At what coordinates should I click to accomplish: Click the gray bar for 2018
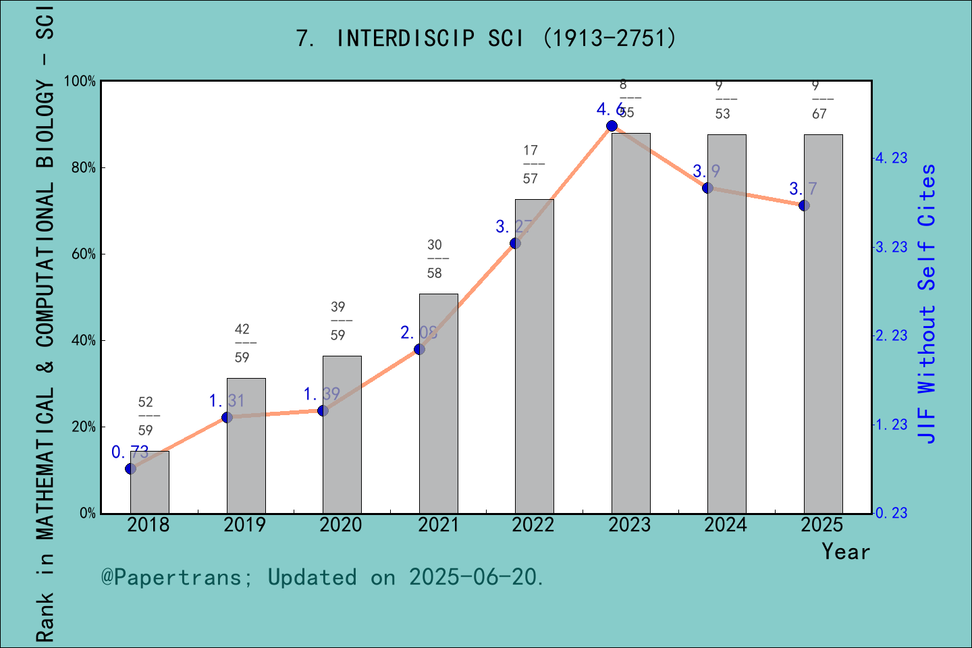tap(149, 482)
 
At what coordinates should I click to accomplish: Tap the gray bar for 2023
tap(630, 323)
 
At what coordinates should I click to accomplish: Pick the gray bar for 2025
tap(823, 324)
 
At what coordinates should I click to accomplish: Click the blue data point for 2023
tap(612, 126)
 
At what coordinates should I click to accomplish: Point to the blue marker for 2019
tap(227, 417)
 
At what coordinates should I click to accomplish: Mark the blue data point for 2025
tap(804, 205)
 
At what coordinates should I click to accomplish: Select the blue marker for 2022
tap(515, 243)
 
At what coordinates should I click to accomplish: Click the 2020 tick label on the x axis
tap(341, 524)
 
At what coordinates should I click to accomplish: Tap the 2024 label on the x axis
tap(726, 524)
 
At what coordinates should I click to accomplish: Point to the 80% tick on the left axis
tap(83, 167)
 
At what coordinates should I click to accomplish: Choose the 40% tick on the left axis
tap(83, 340)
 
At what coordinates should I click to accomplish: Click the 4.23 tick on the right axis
tap(891, 158)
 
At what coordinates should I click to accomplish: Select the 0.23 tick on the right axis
tap(891, 513)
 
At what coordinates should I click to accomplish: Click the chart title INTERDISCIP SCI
tap(486, 38)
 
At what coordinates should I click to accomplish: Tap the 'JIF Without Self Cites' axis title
tap(927, 304)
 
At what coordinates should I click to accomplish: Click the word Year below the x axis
tap(845, 551)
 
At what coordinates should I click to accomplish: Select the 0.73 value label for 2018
tap(130, 452)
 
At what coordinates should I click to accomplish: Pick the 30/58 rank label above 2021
tap(435, 259)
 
